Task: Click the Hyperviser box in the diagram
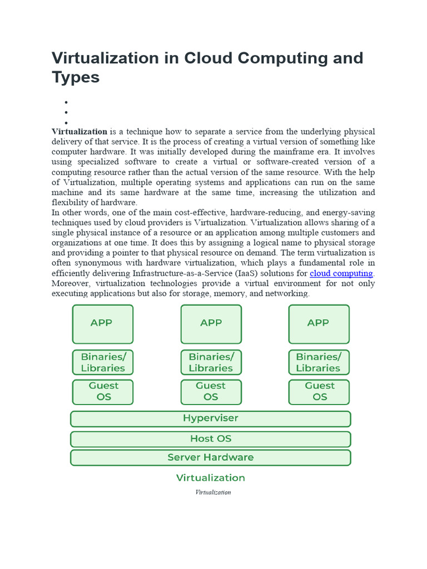[x=210, y=418]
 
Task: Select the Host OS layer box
[x=210, y=439]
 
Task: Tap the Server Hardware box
[x=210, y=458]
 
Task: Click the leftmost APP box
[x=103, y=324]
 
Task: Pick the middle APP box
[x=211, y=324]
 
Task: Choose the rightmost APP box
[x=319, y=324]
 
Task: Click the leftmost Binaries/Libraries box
[x=103, y=362]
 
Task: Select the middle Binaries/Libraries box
[x=211, y=362]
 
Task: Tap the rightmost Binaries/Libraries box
[x=319, y=362]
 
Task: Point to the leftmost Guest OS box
[x=103, y=391]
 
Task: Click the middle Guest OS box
[x=211, y=391]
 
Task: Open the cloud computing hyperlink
[x=341, y=273]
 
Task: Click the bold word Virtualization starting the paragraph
[x=80, y=132]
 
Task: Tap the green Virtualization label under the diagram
[x=210, y=478]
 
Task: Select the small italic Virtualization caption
[x=213, y=492]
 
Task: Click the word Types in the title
[x=76, y=77]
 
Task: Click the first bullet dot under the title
[x=66, y=102]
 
